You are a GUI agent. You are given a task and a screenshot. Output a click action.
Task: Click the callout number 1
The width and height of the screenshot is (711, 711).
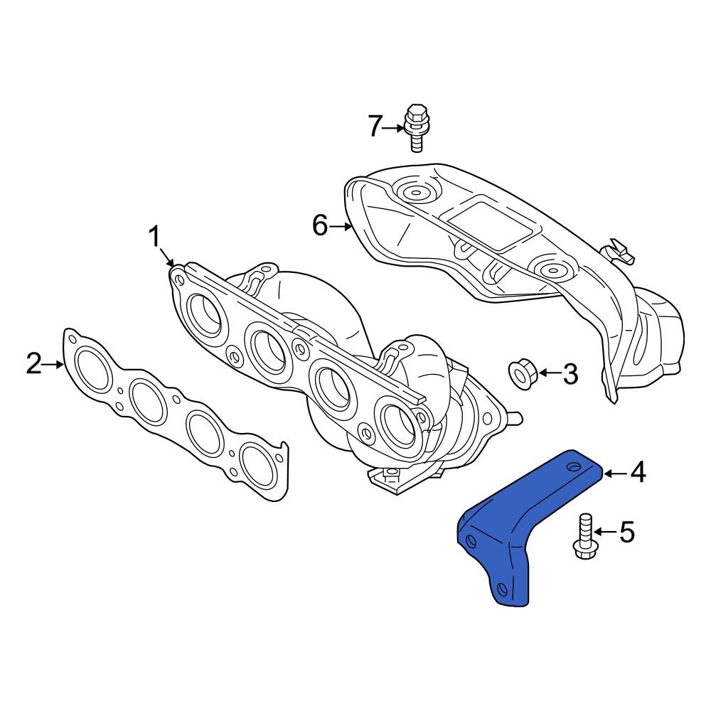coord(155,237)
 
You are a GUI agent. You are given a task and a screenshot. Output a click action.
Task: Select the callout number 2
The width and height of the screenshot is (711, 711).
coord(33,364)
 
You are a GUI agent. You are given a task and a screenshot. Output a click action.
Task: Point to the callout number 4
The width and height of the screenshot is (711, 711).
coord(638,471)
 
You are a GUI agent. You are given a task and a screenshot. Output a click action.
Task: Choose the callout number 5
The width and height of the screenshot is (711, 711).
coord(626,532)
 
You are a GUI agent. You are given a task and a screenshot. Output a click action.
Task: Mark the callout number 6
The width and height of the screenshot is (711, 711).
coord(319,226)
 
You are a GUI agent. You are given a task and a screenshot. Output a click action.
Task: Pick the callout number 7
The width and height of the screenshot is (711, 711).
coord(375,127)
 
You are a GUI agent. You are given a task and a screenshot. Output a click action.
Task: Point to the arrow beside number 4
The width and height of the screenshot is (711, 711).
coord(615,471)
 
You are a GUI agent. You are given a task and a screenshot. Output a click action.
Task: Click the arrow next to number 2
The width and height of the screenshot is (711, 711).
coord(54,364)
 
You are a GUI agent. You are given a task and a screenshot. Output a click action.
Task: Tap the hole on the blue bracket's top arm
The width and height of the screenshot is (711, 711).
coord(573,466)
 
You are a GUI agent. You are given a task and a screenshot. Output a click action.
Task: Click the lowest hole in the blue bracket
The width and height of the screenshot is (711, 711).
coord(503,589)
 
